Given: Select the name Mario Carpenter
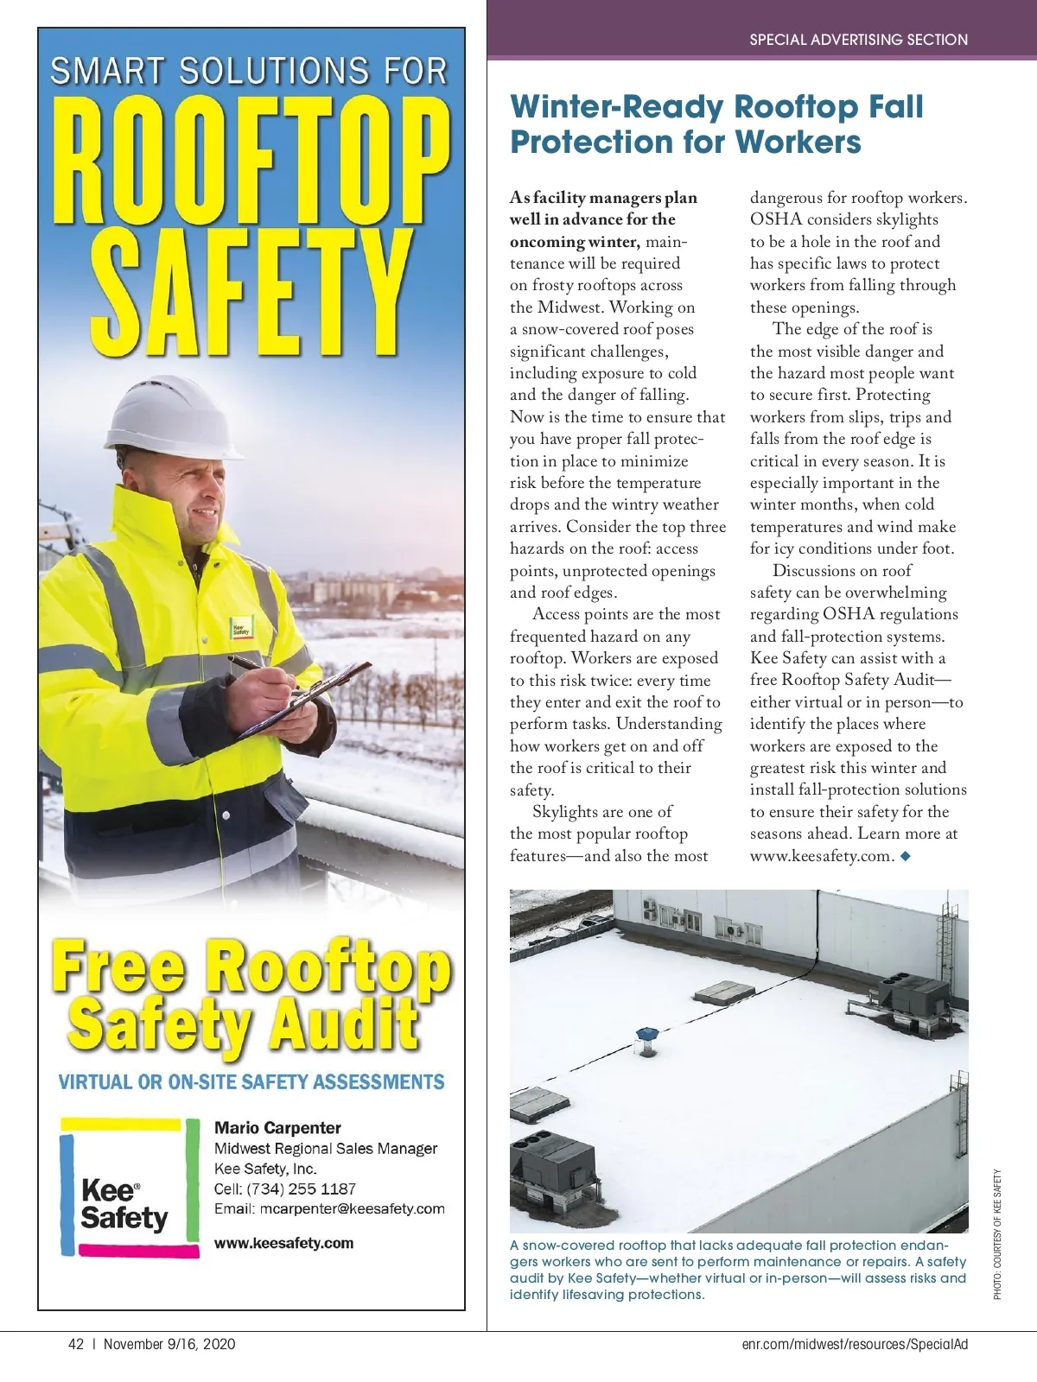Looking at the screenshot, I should point(277,1127).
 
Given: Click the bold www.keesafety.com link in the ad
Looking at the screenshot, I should point(283,1243).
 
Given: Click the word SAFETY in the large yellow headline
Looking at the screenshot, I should point(251,294).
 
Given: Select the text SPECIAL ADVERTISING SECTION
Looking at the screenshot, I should point(858,40).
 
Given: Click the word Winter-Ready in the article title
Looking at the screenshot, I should point(617,107).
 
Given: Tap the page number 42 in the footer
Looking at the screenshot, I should point(76,1344).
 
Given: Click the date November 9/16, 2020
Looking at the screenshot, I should point(169,1344).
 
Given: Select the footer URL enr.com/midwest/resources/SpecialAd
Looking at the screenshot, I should point(855,1344).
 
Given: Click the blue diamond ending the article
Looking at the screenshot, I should point(905,856).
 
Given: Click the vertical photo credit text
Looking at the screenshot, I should point(997,1234).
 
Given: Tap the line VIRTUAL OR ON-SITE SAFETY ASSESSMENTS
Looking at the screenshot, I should point(251,1082).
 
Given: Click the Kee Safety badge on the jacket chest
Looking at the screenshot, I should point(240,628).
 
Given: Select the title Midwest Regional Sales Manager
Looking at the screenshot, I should point(326,1149).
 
